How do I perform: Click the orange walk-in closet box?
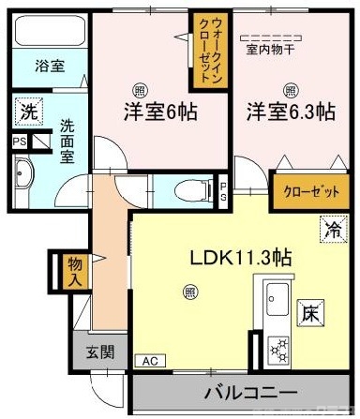205,49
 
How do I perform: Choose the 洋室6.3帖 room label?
291,112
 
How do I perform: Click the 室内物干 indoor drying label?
273,48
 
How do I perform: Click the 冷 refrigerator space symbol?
332,226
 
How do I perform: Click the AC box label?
149,360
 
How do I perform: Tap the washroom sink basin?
23,173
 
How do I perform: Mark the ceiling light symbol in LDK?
190,293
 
